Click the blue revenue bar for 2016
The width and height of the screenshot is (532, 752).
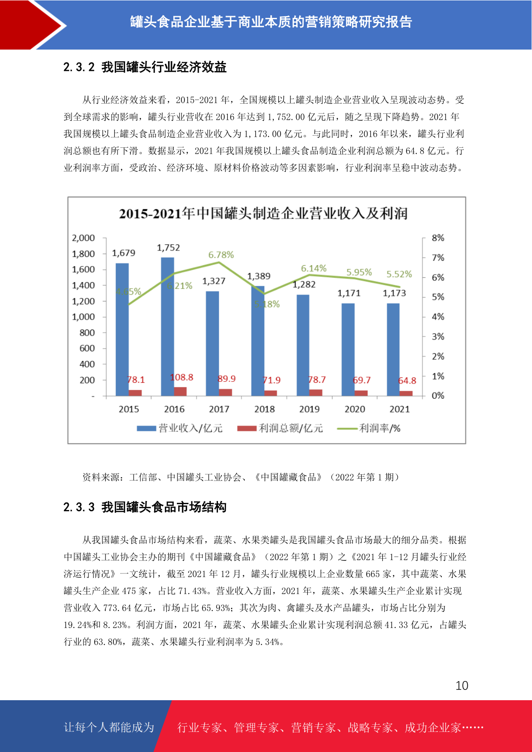(168, 326)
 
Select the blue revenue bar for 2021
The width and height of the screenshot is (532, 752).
(393, 350)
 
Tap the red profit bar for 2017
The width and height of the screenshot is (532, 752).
(226, 393)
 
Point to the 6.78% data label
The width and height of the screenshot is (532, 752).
(221, 255)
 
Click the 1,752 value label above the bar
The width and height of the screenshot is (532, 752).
(168, 248)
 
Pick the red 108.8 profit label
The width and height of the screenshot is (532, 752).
(182, 377)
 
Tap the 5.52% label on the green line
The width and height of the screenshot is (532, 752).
(399, 274)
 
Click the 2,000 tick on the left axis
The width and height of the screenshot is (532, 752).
(83, 238)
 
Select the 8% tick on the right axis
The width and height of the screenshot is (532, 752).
(438, 238)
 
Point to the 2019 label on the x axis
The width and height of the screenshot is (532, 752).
(309, 409)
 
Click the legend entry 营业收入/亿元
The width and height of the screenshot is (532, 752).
(180, 428)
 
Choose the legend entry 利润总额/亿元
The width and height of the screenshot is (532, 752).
(280, 428)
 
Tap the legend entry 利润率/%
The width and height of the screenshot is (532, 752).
(369, 428)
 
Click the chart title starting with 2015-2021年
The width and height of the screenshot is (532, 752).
(263, 213)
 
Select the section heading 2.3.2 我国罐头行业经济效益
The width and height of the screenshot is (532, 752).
(145, 67)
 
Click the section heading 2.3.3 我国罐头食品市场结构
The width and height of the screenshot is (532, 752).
(145, 507)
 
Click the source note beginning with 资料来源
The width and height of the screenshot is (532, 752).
(241, 477)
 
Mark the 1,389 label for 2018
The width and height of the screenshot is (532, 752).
(259, 276)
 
